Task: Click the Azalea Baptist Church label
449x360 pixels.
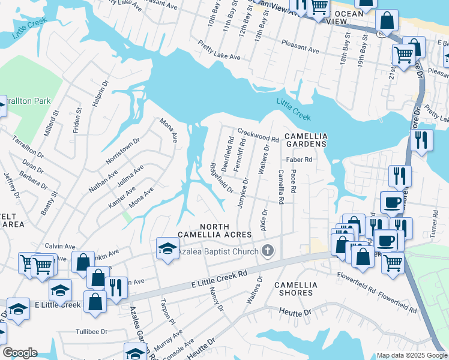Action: [217, 252]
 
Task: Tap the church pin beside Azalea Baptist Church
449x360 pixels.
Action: [268, 251]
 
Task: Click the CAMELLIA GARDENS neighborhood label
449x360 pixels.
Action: [305, 140]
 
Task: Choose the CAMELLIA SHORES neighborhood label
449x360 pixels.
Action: [294, 289]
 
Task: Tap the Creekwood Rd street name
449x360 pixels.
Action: [258, 134]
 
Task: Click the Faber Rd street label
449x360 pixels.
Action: [300, 160]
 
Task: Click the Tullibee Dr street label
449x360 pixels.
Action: [91, 331]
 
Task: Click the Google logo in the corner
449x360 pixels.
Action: [20, 353]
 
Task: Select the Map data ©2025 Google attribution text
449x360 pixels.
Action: [412, 355]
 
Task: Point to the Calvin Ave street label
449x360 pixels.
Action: [60, 246]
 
